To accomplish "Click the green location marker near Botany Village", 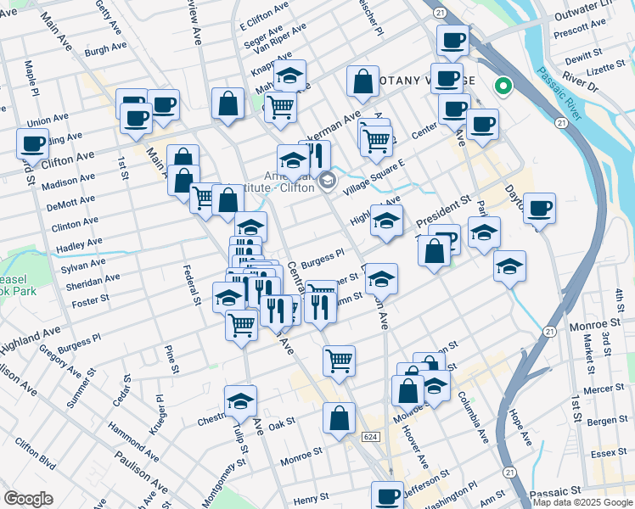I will pos(503,86).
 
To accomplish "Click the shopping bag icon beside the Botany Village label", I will pos(362,83).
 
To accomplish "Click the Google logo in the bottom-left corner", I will pos(28,498).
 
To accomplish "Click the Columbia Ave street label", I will pos(474,417).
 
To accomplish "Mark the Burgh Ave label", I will pos(105,51).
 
